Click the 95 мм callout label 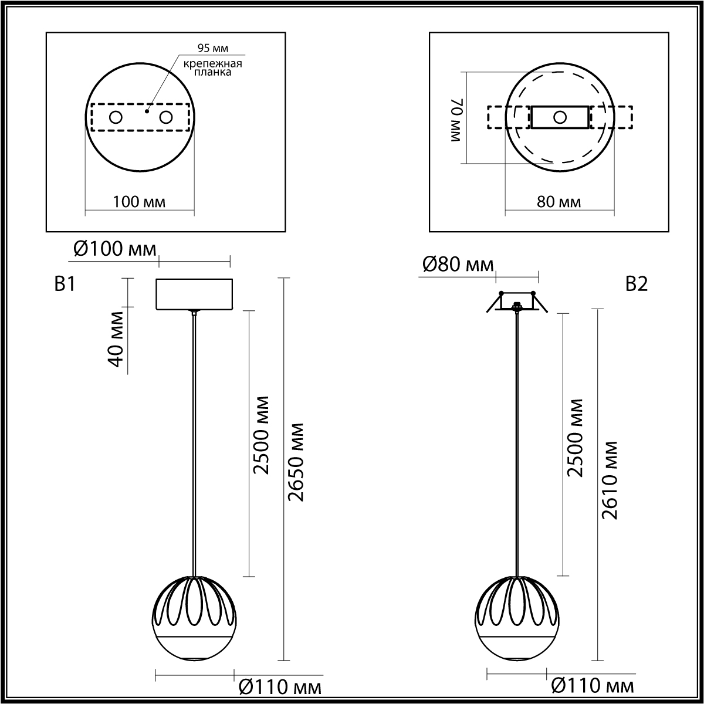click(212, 48)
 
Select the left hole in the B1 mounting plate click(116, 117)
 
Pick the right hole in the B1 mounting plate click(166, 117)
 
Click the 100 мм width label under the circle click(139, 202)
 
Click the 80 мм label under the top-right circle click(560, 202)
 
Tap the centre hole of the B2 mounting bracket click(560, 117)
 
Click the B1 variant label click(65, 285)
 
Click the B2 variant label click(636, 285)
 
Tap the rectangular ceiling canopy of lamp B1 click(195, 294)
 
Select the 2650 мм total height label click(297, 461)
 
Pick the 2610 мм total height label click(611, 479)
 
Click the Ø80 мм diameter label click(458, 265)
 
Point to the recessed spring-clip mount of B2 click(517, 302)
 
